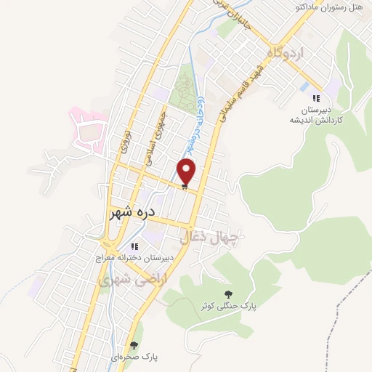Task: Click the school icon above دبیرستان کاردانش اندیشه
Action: click(x=315, y=98)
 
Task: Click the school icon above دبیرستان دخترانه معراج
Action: click(x=134, y=246)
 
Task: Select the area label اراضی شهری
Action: click(x=121, y=278)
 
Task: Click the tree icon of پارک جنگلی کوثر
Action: click(x=230, y=294)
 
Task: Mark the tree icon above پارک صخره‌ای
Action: click(x=133, y=344)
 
